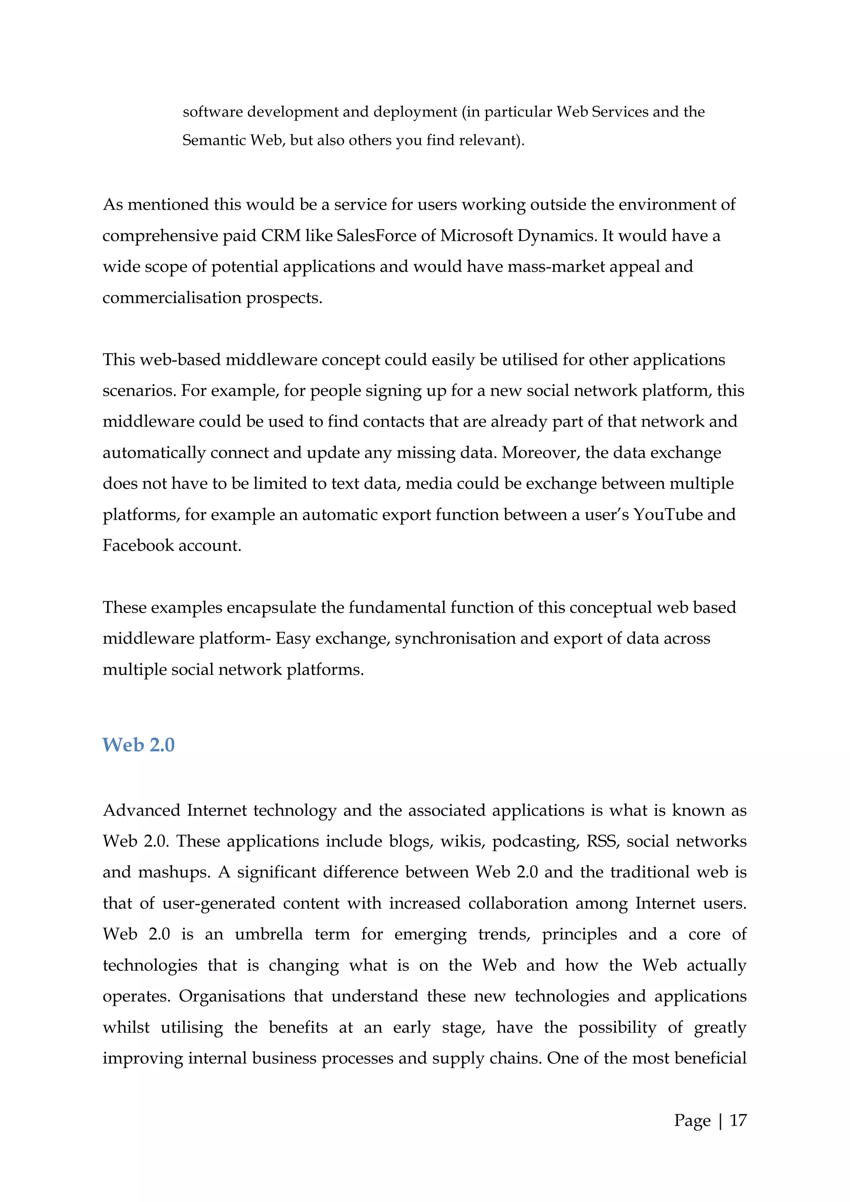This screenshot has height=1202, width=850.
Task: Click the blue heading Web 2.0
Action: point(138,745)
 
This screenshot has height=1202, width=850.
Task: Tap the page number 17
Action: point(738,1120)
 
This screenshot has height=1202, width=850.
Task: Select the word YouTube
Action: point(668,514)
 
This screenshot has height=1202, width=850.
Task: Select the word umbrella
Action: point(269,934)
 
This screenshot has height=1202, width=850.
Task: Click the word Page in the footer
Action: point(692,1121)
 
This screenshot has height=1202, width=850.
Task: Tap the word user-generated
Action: point(218,904)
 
